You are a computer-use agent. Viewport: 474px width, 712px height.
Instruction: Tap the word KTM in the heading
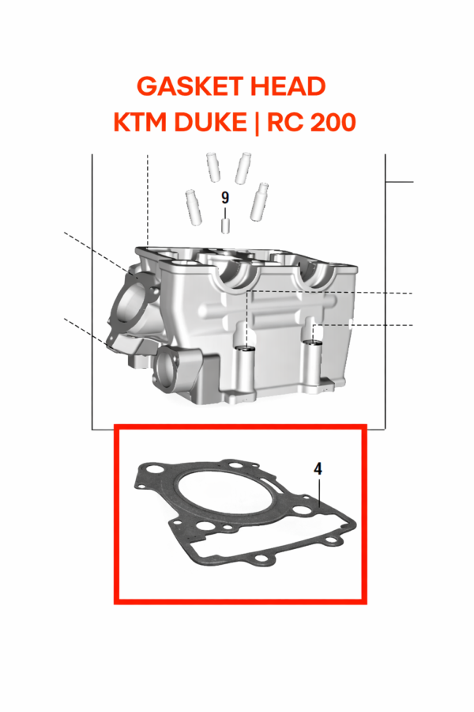(x=141, y=123)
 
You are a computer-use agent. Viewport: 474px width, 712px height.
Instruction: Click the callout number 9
(x=225, y=198)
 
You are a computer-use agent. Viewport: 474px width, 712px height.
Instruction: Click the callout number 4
(x=318, y=468)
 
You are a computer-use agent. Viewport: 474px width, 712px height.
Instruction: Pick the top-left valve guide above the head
(x=212, y=165)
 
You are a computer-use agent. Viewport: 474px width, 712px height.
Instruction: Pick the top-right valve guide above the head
(x=243, y=168)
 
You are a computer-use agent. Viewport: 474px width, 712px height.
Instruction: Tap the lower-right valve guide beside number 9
(x=256, y=202)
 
